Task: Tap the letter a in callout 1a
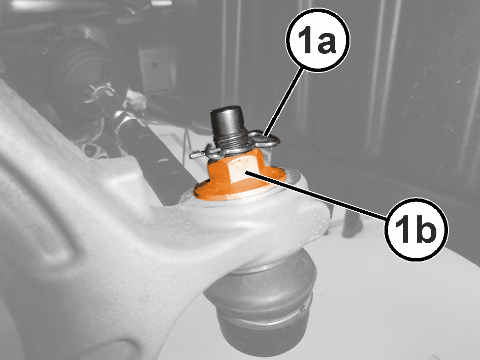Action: tap(327, 43)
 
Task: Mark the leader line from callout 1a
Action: tap(283, 103)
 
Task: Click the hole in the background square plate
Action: tap(155, 66)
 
